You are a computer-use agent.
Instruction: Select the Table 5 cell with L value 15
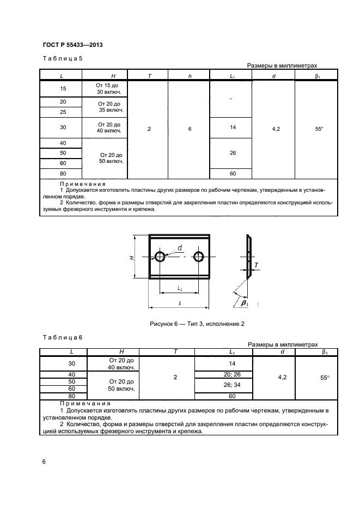click(63, 88)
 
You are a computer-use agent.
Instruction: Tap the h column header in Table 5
click(190, 76)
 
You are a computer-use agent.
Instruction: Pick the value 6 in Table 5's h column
click(190, 130)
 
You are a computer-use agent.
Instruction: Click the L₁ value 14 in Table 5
click(232, 127)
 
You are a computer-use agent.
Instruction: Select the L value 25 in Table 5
click(63, 112)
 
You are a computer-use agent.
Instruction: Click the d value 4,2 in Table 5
click(273, 130)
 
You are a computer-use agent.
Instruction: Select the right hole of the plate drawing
click(199, 257)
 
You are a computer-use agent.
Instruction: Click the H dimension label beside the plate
click(132, 257)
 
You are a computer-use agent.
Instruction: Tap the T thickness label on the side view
click(257, 265)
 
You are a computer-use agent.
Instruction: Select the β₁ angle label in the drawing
click(245, 302)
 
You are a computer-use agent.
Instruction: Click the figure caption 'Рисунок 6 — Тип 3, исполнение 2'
click(197, 324)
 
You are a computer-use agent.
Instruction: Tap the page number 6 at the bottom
click(44, 462)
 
